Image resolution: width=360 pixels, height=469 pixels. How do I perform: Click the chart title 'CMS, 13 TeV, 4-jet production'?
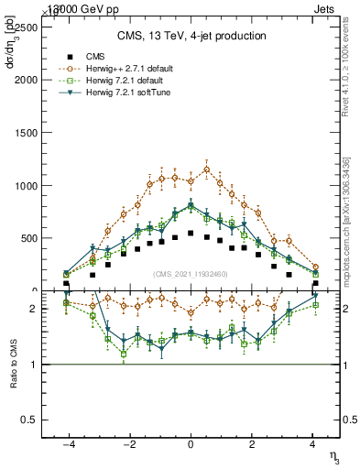coord(191,36)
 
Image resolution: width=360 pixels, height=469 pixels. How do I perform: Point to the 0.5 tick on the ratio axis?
coord(27,420)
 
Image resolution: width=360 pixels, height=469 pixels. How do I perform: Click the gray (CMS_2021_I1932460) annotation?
coord(191,274)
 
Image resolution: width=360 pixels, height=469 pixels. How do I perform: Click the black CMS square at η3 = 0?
coord(191,233)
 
